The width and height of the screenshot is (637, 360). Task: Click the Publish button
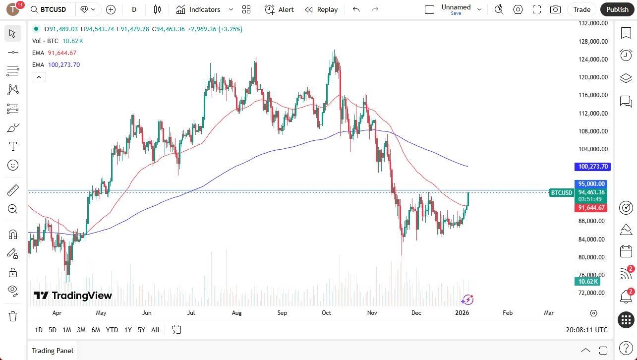click(617, 9)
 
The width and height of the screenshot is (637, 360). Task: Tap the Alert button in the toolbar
click(279, 9)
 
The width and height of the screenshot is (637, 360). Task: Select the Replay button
click(321, 9)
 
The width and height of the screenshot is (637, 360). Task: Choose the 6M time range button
click(96, 330)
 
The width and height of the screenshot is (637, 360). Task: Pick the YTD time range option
click(112, 330)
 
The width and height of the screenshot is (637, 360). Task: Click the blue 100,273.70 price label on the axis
click(591, 167)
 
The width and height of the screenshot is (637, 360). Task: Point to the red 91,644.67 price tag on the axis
click(591, 208)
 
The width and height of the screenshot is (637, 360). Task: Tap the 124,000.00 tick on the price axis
click(593, 60)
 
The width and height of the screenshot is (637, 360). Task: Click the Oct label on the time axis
click(326, 313)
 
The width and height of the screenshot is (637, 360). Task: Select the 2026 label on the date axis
click(462, 313)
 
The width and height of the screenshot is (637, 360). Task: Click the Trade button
click(581, 9)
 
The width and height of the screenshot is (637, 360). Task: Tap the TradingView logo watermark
click(73, 296)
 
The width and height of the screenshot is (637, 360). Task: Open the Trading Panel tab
click(52, 351)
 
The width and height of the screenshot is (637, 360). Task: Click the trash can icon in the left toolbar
click(13, 316)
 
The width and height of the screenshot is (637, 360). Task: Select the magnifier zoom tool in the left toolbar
click(13, 209)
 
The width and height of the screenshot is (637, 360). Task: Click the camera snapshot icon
click(556, 9)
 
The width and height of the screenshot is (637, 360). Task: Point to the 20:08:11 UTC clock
click(586, 330)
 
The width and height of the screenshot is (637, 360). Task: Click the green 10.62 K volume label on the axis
click(587, 282)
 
